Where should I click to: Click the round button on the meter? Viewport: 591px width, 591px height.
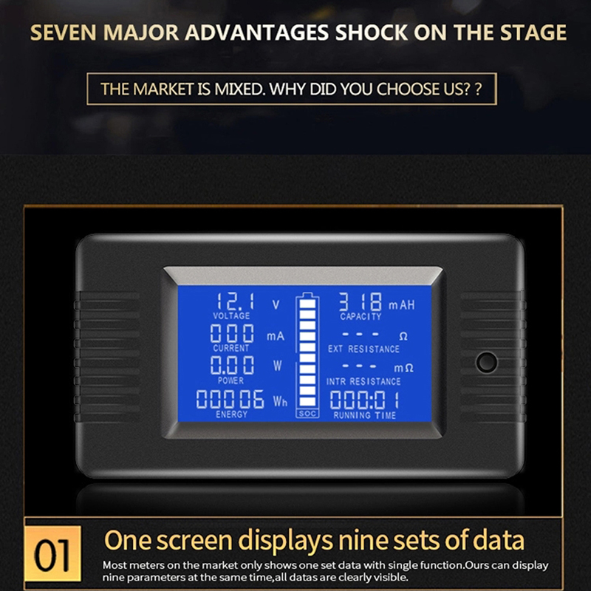487,362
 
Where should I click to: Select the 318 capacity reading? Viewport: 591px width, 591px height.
361,302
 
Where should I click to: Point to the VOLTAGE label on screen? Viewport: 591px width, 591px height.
231,316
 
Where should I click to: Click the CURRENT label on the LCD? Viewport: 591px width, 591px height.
231,348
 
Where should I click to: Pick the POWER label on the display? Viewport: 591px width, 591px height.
230,380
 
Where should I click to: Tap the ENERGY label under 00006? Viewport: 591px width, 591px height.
231,414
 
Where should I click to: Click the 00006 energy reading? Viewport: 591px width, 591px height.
230,399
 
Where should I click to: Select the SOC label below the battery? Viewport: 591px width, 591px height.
307,414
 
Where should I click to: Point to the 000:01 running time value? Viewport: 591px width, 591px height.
364,400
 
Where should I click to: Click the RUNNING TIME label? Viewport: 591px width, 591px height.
364,415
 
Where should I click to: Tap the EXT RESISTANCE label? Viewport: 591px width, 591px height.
363,349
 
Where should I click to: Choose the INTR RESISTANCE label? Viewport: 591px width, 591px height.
363,381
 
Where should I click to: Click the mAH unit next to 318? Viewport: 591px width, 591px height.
401,304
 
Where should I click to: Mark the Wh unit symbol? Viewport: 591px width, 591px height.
280,401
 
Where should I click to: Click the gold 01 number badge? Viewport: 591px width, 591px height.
52,553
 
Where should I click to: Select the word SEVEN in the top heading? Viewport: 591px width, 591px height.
64,33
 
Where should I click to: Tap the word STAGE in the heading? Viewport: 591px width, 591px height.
533,33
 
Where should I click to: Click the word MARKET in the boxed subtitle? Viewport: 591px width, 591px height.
163,89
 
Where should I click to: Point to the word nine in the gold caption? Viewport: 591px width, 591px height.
362,541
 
